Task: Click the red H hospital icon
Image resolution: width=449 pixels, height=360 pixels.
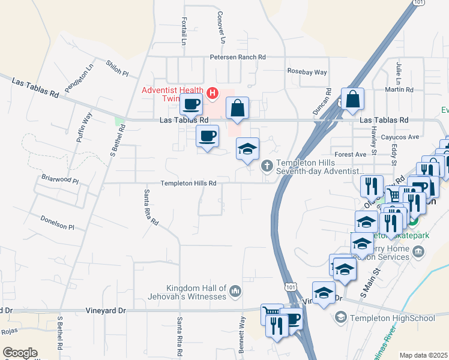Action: (x=211, y=93)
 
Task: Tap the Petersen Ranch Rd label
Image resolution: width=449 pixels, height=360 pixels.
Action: (x=237, y=58)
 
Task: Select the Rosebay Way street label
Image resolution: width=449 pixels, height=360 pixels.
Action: (x=307, y=72)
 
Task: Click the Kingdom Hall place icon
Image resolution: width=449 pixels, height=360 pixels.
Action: (x=235, y=292)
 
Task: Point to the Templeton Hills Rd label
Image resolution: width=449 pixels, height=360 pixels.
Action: (x=188, y=184)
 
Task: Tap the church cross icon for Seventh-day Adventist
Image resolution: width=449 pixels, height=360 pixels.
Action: (x=267, y=164)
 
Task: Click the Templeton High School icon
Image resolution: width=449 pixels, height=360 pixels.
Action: (x=340, y=317)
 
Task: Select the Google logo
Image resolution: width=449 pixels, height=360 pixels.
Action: (x=20, y=353)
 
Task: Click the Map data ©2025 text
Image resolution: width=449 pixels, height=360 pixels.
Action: (x=423, y=355)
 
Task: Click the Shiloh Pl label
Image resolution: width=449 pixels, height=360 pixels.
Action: (x=118, y=68)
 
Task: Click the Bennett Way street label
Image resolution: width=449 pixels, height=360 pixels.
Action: (x=241, y=335)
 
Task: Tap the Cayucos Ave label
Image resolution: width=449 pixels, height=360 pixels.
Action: (x=400, y=137)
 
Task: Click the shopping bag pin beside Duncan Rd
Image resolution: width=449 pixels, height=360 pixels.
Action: (x=352, y=100)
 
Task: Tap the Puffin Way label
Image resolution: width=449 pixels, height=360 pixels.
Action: (x=84, y=127)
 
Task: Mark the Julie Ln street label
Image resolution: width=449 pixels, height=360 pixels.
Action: (x=398, y=71)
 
